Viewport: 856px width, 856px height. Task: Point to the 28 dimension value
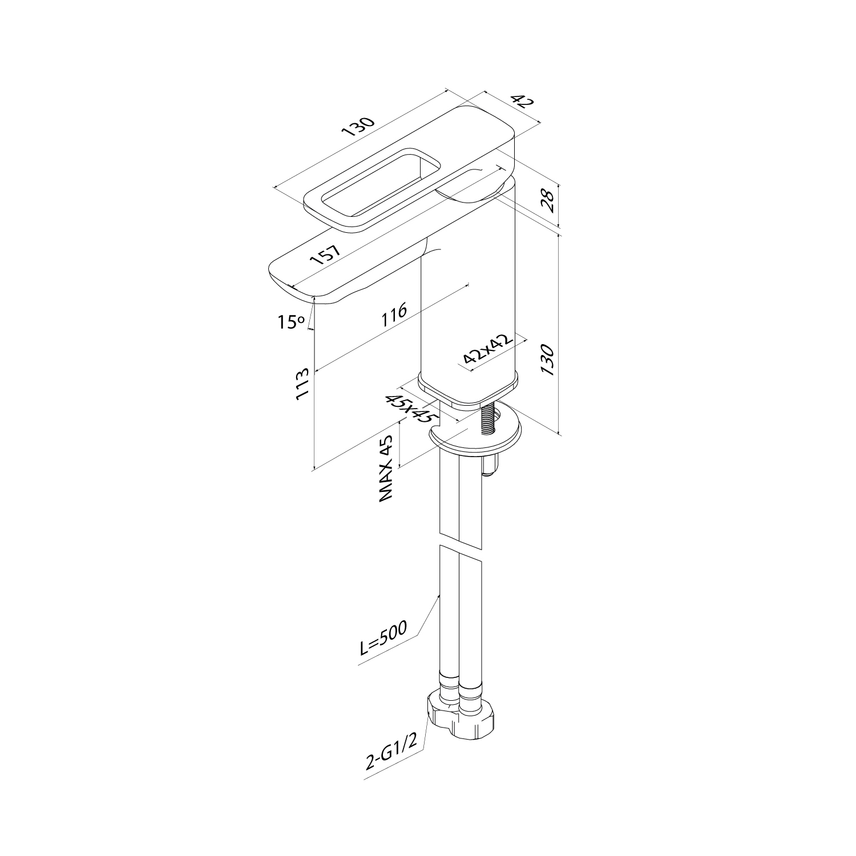[548, 201]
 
